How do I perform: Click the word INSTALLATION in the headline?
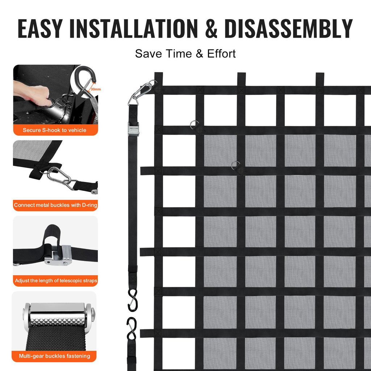(x=133, y=28)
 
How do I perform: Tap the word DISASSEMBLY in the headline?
(x=289, y=28)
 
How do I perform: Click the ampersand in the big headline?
(x=211, y=29)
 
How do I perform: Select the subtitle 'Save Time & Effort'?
(x=185, y=54)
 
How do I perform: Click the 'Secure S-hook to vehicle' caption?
(x=54, y=130)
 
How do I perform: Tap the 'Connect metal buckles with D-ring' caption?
(x=55, y=205)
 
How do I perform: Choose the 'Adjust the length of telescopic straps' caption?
(x=56, y=281)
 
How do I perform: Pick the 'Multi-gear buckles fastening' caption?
(x=54, y=356)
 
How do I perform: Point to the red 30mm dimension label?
(x=96, y=89)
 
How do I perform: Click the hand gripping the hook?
(x=33, y=93)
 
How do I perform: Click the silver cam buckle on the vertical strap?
(x=133, y=129)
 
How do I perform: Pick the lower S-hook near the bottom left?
(x=131, y=328)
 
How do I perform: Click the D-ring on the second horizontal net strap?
(x=194, y=125)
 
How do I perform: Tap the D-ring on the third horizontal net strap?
(x=235, y=165)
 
